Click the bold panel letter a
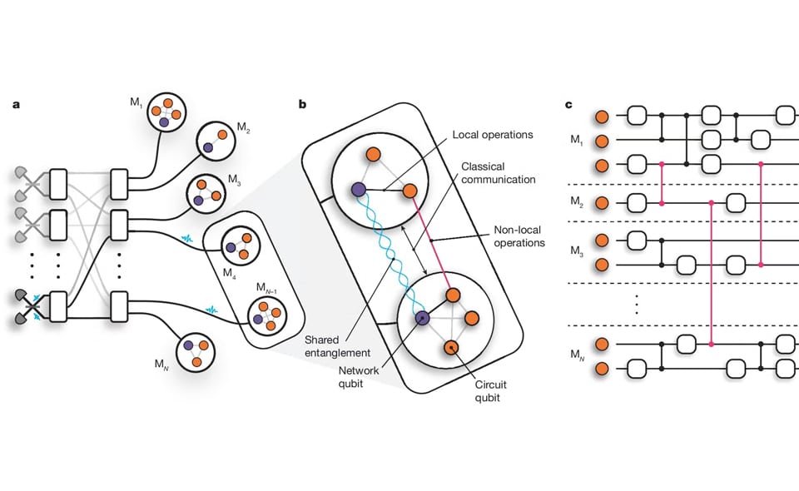(x=17, y=105)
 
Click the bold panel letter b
(x=303, y=105)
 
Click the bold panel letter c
(x=568, y=105)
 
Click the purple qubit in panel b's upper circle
(x=359, y=191)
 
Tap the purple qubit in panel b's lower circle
(x=423, y=317)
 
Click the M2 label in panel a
(x=243, y=127)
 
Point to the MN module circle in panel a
(x=196, y=350)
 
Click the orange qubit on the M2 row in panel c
(x=601, y=201)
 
